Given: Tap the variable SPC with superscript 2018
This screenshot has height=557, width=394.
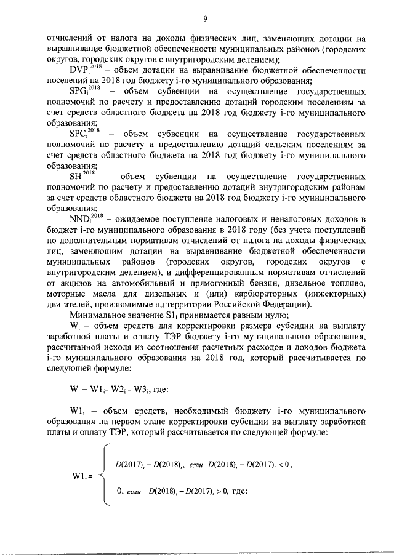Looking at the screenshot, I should (81, 134).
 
